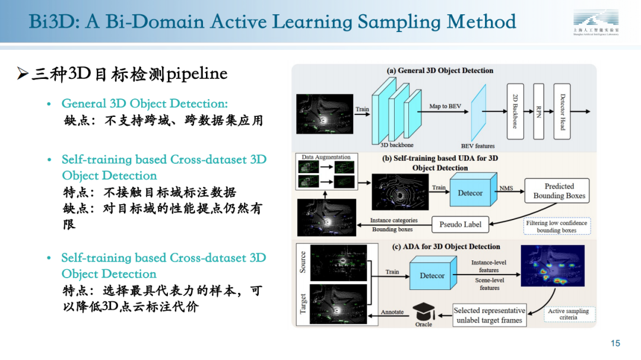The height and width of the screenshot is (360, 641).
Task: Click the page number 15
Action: click(615, 343)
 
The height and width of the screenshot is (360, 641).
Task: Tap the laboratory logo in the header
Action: click(595, 23)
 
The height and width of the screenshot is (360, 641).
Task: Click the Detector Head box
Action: click(561, 111)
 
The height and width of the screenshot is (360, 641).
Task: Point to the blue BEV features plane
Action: click(478, 113)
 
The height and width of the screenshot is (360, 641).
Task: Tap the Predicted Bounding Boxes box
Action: click(559, 191)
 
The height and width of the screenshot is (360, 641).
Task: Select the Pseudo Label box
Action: click(460, 224)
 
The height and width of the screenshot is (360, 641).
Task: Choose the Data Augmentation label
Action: click(326, 158)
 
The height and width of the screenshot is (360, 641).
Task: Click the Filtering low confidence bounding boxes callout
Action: click(557, 227)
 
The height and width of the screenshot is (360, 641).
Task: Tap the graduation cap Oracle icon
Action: click(424, 312)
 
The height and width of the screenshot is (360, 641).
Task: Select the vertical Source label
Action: click(303, 262)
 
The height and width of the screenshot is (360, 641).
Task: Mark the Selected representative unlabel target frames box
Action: click(489, 315)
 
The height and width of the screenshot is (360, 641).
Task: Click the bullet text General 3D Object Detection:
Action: click(145, 104)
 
